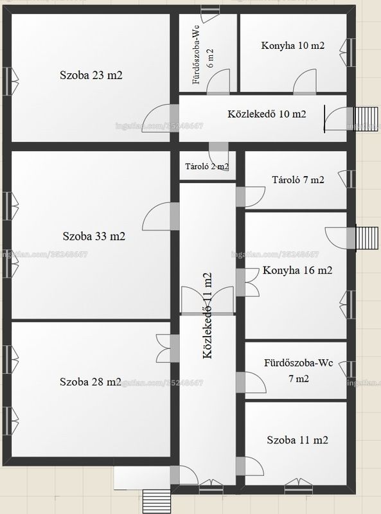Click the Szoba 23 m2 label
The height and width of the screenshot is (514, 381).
(91, 75)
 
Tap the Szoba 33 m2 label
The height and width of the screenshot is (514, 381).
(94, 236)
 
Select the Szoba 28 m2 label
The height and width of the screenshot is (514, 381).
(91, 382)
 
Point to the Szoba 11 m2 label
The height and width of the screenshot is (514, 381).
(297, 439)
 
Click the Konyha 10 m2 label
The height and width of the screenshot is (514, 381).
(293, 45)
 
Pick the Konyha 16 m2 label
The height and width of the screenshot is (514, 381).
(297, 270)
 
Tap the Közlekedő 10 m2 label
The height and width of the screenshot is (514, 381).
(267, 114)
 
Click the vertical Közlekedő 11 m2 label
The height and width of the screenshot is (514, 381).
(208, 315)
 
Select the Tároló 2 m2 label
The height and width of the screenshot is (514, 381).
(207, 166)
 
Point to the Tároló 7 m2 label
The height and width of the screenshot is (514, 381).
(298, 179)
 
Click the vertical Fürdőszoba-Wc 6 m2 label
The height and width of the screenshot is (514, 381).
(203, 58)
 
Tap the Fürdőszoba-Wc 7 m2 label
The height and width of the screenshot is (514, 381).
(298, 371)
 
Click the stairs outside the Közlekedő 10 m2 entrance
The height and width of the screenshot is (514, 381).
(366, 118)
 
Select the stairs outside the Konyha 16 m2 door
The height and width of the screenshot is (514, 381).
(367, 238)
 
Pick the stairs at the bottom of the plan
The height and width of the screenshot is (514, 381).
(157, 502)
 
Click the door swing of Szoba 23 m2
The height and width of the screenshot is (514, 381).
(156, 118)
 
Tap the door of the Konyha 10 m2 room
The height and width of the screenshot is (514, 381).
(305, 82)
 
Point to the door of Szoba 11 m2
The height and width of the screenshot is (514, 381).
(254, 466)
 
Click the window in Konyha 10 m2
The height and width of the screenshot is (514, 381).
(348, 53)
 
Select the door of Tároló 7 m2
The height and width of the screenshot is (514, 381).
(254, 197)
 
